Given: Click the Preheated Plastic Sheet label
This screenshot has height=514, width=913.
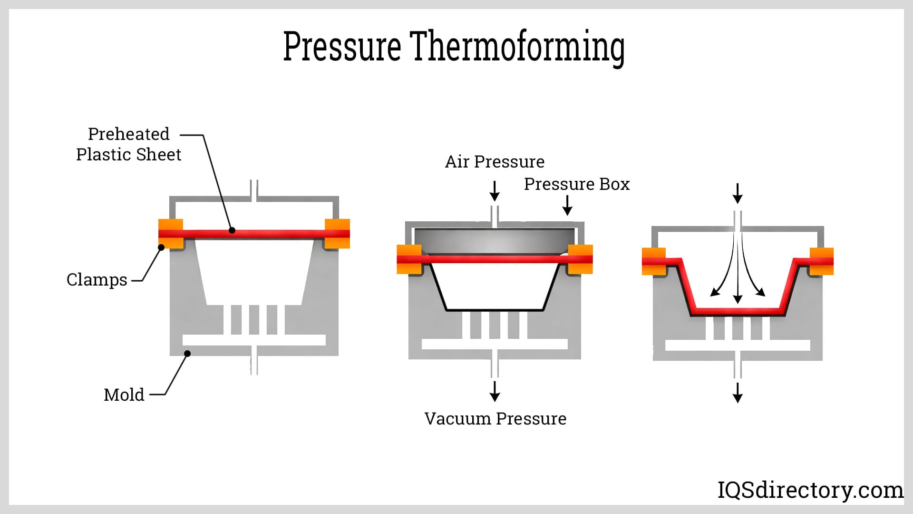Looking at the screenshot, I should coord(128,144).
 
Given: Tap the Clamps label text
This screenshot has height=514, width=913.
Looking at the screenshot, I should coord(97,279).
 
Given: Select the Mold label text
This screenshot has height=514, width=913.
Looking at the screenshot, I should coord(124,395).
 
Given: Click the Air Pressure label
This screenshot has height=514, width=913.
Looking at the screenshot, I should coord(495,162).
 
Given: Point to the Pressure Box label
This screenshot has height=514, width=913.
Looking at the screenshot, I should coord(576,184).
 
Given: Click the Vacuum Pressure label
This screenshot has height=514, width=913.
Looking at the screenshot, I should coord(495,419).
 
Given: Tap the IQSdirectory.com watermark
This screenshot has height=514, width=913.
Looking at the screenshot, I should coord(810,490).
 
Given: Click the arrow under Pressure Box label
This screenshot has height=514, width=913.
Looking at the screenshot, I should coord(567,205).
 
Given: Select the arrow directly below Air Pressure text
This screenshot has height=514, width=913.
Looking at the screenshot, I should coord(495,191).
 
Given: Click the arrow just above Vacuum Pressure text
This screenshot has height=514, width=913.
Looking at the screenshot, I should coord(495,391).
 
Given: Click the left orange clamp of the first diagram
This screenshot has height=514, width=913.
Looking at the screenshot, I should coord(170,234).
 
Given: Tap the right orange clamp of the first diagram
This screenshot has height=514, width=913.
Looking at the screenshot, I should coord(337,234).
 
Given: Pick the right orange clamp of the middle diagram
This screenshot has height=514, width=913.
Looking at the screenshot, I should coord(580,259).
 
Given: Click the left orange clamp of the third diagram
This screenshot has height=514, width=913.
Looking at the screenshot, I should coord(653,262).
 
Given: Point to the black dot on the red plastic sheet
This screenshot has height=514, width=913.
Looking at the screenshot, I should coord(232,230).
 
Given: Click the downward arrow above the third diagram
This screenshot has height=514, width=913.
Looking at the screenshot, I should coord(738,193).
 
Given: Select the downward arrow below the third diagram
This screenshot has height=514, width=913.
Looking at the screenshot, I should coord(738,393).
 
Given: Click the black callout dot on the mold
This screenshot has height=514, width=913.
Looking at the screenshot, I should coord(187,354).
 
